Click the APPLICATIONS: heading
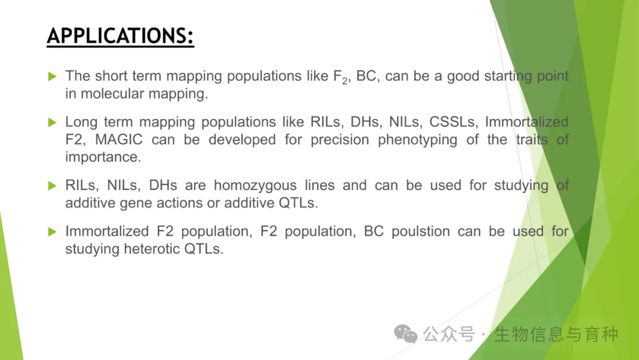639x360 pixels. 120,36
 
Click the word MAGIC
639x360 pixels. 118,139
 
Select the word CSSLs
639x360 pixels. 453,122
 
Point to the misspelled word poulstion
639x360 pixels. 421,232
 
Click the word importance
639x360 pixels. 103,157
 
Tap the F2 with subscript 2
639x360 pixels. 340,77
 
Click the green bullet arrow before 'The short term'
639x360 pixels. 52,76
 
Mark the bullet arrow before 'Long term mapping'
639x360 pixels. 52,123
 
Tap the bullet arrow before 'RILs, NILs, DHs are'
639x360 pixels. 52,186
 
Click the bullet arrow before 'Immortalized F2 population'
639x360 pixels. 52,232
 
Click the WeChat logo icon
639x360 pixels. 405,334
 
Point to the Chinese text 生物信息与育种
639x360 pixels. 556,335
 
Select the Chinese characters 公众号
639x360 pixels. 448,335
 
